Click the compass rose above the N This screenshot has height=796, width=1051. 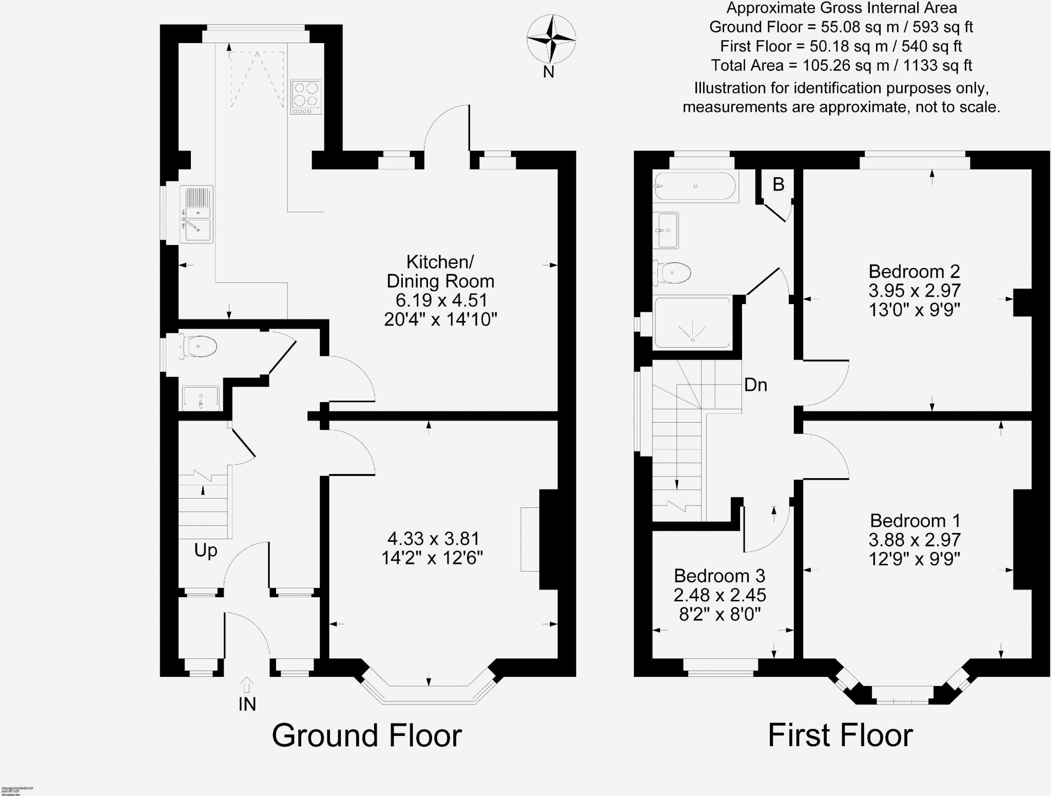(551, 39)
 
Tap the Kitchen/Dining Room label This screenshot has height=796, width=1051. (440, 271)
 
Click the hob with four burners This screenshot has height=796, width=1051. (306, 97)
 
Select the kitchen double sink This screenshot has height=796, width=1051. (197, 214)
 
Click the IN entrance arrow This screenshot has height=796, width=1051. (247, 686)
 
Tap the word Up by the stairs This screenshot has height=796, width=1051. (205, 551)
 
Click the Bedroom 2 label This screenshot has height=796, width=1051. (914, 271)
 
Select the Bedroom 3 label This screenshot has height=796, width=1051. (719, 576)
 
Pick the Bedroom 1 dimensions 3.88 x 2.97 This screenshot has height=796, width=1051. (914, 540)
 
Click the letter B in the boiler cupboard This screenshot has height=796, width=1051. (778, 184)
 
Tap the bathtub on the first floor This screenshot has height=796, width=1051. (696, 186)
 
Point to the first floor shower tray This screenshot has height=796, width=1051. (692, 323)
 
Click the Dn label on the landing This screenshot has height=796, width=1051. (755, 385)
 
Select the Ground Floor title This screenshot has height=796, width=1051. (366, 735)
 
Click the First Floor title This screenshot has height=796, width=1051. (840, 735)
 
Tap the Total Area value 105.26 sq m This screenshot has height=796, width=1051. (841, 66)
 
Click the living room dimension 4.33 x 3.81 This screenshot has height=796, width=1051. (433, 539)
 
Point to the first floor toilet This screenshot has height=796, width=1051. (673, 273)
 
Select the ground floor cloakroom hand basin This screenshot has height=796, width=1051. (201, 398)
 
